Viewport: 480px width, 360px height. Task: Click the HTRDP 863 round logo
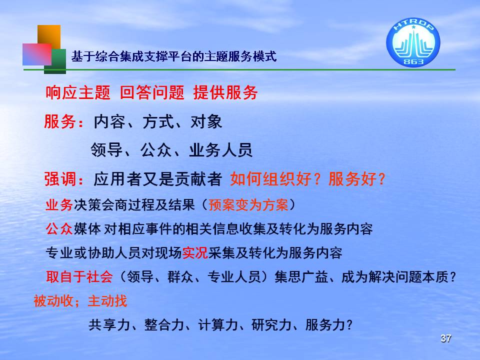click(x=413, y=42)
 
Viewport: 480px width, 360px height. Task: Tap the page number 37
click(x=445, y=338)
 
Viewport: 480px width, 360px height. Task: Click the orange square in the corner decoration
click(x=49, y=36)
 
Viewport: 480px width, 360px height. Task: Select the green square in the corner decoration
click(x=55, y=61)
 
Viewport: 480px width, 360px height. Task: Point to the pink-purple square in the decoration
click(x=36, y=54)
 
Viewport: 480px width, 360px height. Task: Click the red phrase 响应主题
click(x=78, y=92)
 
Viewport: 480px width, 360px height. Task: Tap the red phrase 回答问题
click(x=152, y=92)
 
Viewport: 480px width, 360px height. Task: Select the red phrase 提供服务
click(x=225, y=92)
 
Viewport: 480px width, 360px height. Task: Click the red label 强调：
click(x=64, y=179)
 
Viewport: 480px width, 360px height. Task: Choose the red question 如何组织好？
click(x=275, y=179)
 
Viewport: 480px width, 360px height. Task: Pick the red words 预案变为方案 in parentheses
click(x=248, y=205)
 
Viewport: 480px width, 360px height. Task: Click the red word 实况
click(x=195, y=253)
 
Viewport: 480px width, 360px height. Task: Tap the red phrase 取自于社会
click(x=79, y=277)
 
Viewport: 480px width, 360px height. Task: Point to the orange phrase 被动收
click(x=53, y=301)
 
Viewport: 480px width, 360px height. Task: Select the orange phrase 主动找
click(x=107, y=301)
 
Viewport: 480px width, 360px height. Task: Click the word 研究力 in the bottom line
click(x=271, y=325)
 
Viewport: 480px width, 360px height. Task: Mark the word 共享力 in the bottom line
click(x=108, y=325)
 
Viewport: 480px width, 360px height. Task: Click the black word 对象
click(x=206, y=121)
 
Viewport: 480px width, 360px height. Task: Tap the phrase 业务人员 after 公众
click(x=220, y=150)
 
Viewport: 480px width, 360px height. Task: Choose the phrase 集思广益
click(x=301, y=277)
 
